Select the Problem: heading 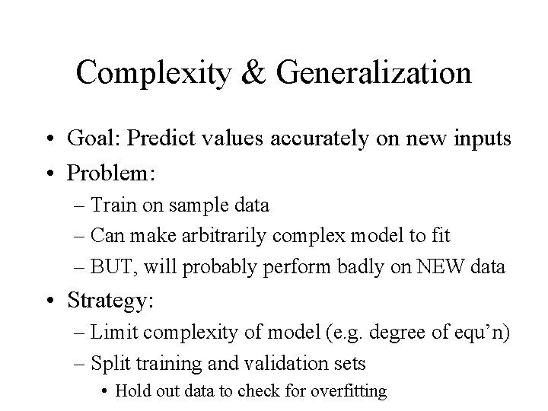[x=111, y=174]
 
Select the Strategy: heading [x=110, y=301]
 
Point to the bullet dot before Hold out [x=104, y=391]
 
